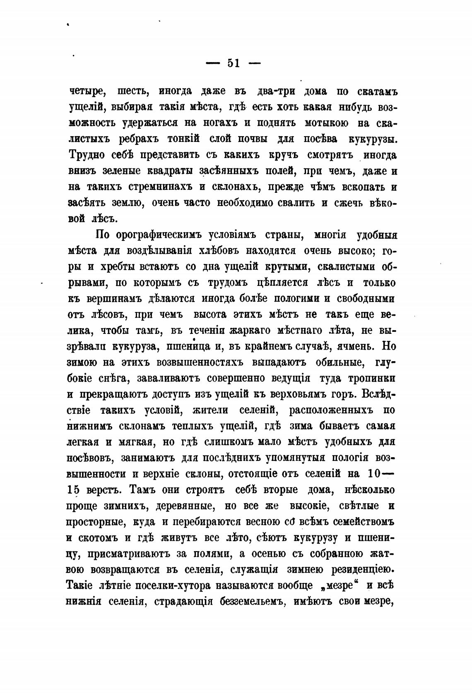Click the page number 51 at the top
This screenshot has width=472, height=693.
[x=233, y=63]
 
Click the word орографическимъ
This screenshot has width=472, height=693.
[x=167, y=235]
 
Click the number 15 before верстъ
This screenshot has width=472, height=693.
[x=72, y=489]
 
